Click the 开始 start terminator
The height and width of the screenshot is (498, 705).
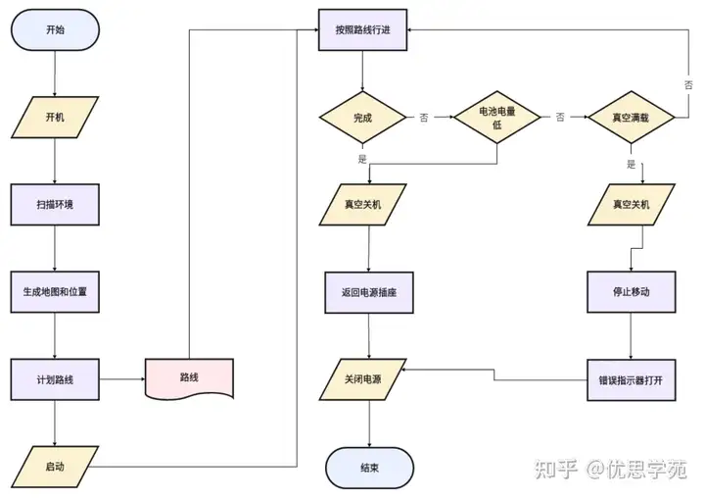pos(55,30)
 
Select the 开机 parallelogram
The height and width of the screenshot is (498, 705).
pos(55,117)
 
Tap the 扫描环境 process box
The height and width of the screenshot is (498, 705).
pos(55,205)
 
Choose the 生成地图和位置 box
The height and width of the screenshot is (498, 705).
pos(55,291)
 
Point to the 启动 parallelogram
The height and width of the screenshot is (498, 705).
pos(55,465)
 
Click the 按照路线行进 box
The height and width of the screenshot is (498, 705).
pos(362,30)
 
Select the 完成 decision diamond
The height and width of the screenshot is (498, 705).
pos(362,118)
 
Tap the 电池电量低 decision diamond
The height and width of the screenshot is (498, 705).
pos(496,118)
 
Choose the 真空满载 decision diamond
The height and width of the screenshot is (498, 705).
pos(631,118)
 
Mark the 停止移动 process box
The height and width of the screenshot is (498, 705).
pos(631,291)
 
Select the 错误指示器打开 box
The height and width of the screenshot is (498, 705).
pos(631,378)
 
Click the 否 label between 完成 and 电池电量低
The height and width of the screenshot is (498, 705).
pos(424,118)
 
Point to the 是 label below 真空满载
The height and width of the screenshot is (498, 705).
pos(631,164)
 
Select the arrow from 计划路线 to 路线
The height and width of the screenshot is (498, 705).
pos(121,378)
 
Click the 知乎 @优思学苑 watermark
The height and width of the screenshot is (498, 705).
pos(609,468)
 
